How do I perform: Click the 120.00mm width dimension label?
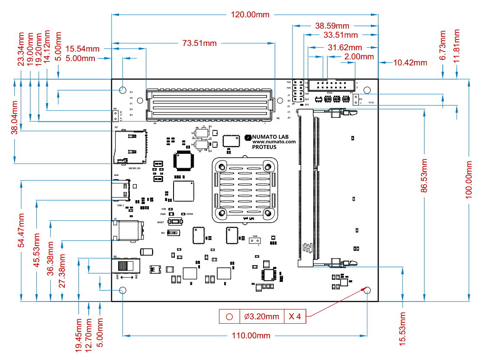(250, 15)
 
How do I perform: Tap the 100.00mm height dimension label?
(469, 179)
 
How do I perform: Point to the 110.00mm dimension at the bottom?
(251, 335)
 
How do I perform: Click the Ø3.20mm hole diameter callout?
(261, 317)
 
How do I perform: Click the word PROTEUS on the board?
(264, 147)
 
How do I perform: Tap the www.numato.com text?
(274, 142)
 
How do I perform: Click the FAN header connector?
(255, 241)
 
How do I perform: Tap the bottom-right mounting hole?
(367, 290)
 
